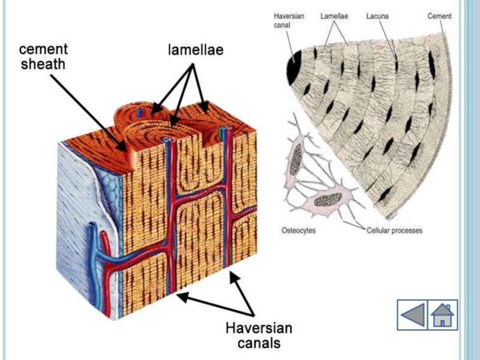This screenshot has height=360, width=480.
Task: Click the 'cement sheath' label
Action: point(43,56)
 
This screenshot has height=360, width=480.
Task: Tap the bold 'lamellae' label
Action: point(195,50)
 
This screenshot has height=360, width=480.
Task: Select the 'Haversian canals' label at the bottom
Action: point(259,335)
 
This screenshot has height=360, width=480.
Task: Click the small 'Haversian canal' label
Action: point(289,21)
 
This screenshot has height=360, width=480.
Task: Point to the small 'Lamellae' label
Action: point(334,16)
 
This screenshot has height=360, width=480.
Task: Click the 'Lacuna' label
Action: point(377,16)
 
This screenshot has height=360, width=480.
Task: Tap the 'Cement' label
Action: point(439,16)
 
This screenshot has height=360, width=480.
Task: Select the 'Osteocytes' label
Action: point(298,230)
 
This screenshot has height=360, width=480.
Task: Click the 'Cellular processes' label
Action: point(394,230)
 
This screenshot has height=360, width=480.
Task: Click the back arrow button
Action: point(412,315)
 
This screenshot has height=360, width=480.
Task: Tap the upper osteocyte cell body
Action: point(295,160)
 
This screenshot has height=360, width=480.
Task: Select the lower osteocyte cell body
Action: point(328,199)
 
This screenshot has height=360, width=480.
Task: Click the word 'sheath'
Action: point(43,64)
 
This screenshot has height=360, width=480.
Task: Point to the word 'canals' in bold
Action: point(259,343)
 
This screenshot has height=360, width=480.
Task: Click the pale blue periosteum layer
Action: point(75,192)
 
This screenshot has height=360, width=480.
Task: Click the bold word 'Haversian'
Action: point(259,328)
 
